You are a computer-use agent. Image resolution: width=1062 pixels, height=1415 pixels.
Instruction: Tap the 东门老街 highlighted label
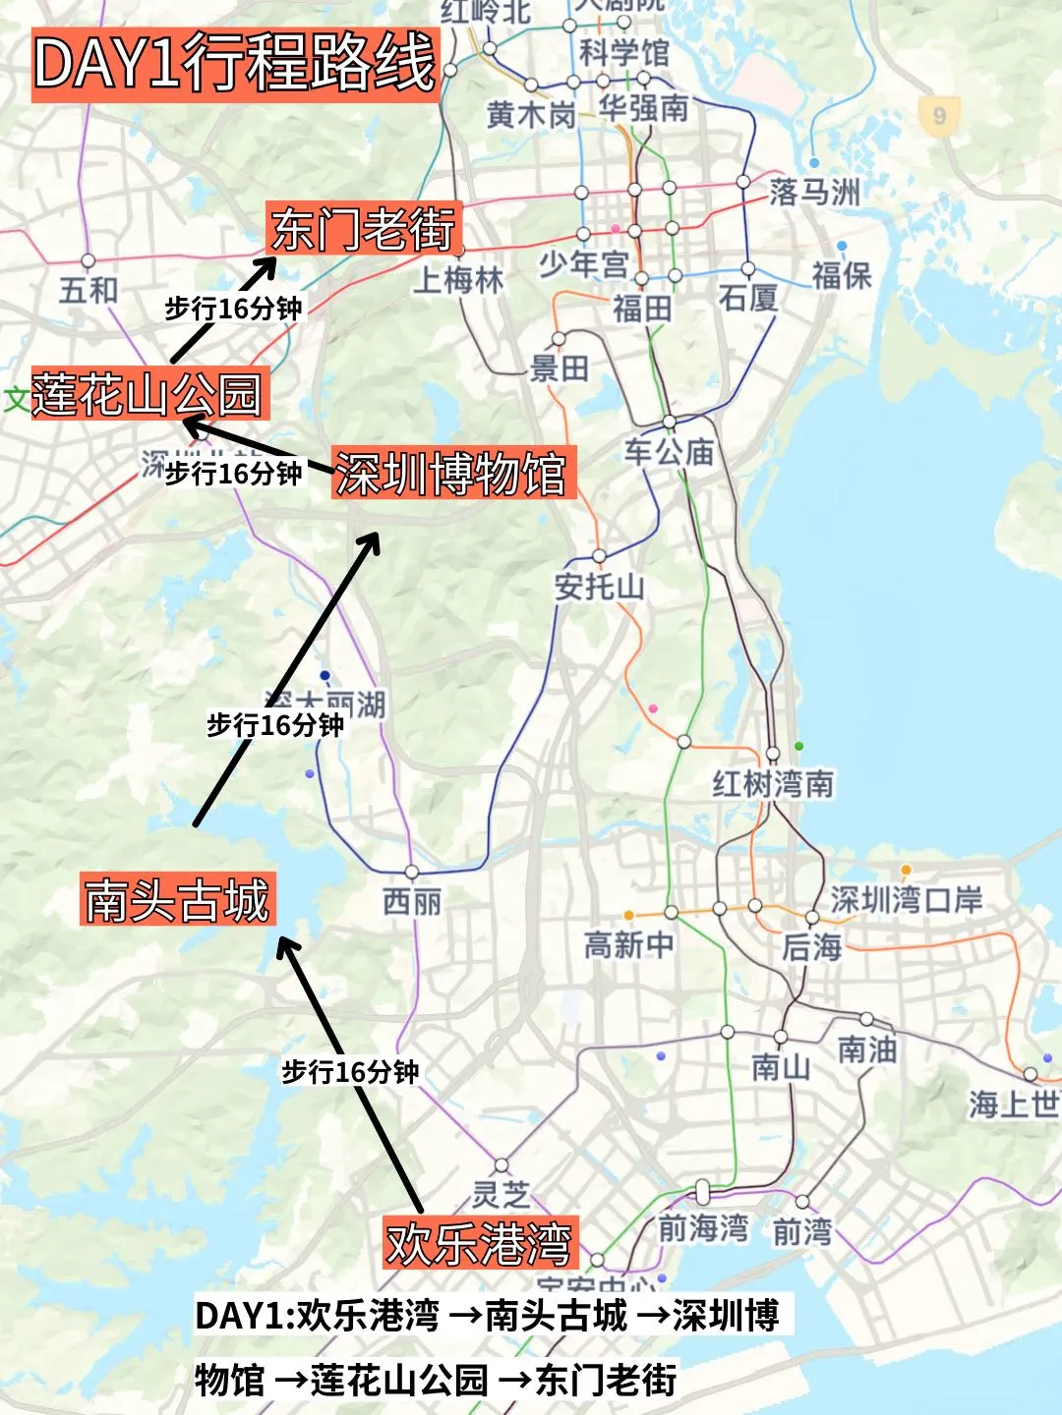click(x=363, y=230)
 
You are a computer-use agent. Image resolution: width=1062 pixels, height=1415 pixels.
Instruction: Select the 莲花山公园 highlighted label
click(x=148, y=394)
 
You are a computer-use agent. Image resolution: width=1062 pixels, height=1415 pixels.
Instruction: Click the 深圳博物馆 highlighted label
click(x=451, y=474)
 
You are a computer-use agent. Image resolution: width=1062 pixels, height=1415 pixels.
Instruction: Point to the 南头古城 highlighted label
click(x=177, y=899)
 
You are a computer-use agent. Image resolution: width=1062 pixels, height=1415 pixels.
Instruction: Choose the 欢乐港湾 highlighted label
click(x=479, y=1243)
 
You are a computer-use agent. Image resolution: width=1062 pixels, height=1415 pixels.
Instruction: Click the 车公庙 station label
click(x=669, y=452)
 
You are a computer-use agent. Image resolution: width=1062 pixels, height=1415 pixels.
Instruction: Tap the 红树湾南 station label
click(x=773, y=784)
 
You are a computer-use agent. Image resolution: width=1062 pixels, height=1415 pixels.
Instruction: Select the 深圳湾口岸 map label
click(x=906, y=899)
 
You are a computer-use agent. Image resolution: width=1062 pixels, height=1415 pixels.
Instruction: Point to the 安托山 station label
click(x=600, y=587)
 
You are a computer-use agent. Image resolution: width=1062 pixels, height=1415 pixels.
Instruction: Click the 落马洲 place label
click(x=814, y=192)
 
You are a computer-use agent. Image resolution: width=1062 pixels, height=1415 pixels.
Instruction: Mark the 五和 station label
click(x=88, y=291)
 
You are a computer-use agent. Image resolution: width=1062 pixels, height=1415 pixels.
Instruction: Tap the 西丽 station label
click(x=412, y=901)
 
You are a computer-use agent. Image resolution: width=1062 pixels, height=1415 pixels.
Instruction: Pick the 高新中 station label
click(x=629, y=945)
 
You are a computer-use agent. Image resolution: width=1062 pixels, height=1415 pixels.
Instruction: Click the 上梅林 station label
click(x=458, y=280)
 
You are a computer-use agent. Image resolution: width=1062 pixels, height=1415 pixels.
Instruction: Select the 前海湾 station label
click(x=703, y=1228)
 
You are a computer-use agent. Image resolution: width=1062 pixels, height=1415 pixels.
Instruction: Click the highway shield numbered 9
click(x=939, y=116)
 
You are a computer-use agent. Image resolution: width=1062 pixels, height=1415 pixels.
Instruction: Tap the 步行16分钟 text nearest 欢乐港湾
click(x=351, y=1071)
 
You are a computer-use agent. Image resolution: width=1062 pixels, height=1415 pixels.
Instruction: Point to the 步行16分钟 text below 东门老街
click(x=233, y=309)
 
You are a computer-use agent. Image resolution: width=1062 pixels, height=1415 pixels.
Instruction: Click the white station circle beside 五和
click(x=88, y=261)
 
